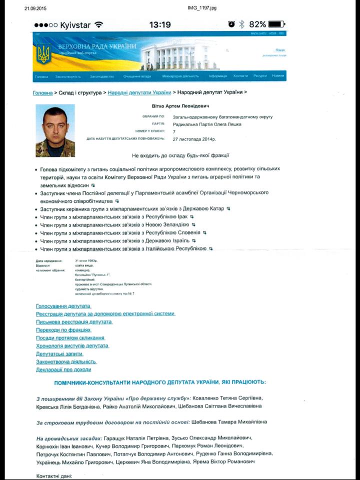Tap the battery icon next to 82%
click(276, 24)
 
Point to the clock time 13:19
click(160, 25)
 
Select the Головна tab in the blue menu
click(41, 76)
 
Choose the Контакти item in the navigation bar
click(240, 76)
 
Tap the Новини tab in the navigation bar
click(278, 76)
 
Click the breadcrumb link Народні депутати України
click(139, 92)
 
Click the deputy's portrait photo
click(55, 130)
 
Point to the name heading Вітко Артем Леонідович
click(180, 106)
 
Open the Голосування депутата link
click(63, 305)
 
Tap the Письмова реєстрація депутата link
click(74, 321)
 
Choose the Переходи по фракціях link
click(63, 330)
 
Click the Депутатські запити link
click(59, 353)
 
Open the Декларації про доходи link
click(63, 369)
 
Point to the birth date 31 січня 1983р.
click(86, 261)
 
